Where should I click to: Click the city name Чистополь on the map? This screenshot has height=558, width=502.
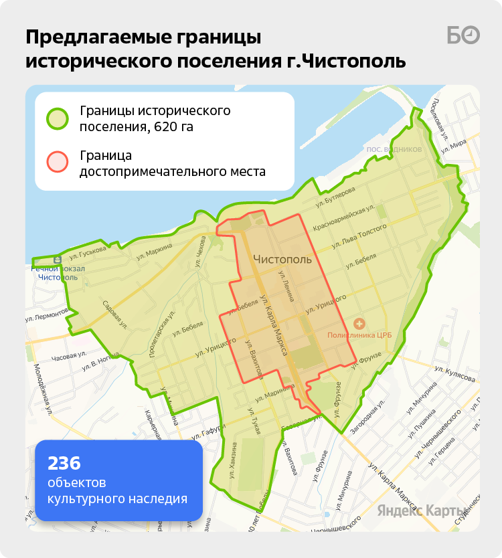click(282, 259)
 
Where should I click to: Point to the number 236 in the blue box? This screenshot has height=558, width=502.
click(64, 462)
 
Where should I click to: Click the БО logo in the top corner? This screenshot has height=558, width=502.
click(463, 35)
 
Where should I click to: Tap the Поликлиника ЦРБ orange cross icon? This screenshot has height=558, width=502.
click(358, 323)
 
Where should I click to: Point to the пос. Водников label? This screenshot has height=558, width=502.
click(394, 149)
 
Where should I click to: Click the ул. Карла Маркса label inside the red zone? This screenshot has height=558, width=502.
click(274, 324)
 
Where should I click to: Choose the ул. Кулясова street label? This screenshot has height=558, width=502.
click(454, 373)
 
